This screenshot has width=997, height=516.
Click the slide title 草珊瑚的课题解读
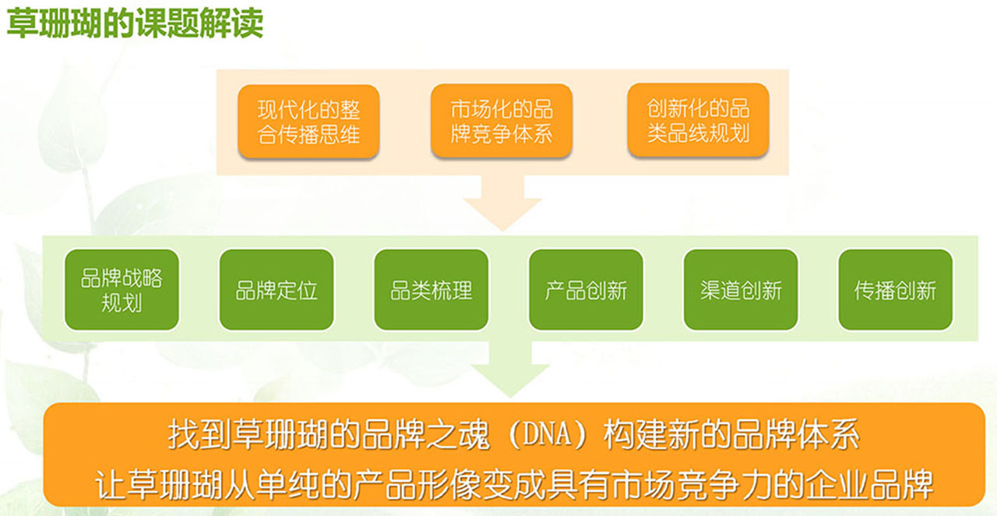pyautogui.click(x=135, y=23)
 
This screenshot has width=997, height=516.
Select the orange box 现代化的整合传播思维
pyautogui.click(x=308, y=122)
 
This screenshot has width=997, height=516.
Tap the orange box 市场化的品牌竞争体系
pyautogui.click(x=502, y=121)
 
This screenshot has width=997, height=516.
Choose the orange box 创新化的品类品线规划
pyautogui.click(x=699, y=120)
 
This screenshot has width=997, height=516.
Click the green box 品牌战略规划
pyautogui.click(x=122, y=290)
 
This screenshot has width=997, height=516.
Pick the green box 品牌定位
pyautogui.click(x=277, y=290)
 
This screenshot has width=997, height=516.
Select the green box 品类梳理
pyautogui.click(x=432, y=290)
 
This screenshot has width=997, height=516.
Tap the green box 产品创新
pyautogui.click(x=587, y=290)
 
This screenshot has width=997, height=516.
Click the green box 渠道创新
pyautogui.click(x=741, y=290)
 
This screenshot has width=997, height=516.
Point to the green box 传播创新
pyautogui.click(x=896, y=290)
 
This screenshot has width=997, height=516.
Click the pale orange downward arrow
pyautogui.click(x=502, y=203)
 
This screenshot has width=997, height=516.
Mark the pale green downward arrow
pyautogui.click(x=510, y=369)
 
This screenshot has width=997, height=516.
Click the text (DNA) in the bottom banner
pyautogui.click(x=547, y=434)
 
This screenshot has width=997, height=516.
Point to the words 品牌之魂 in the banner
pyautogui.click(x=426, y=434)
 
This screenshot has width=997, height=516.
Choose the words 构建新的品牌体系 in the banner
pyautogui.click(x=731, y=434)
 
